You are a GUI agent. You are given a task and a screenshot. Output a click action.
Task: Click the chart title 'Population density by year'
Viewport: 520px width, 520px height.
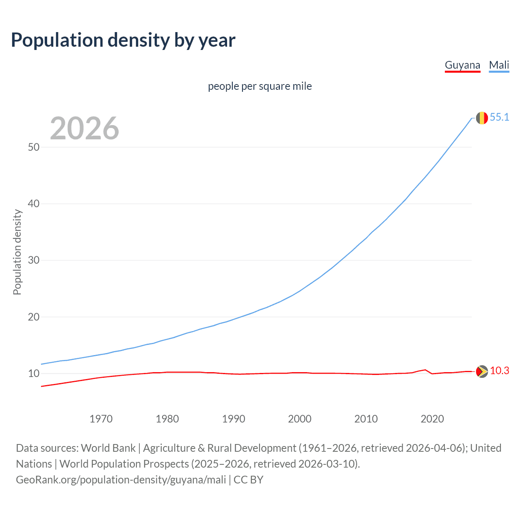(123, 40)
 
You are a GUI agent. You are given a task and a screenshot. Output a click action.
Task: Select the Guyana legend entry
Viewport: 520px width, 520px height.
(462, 65)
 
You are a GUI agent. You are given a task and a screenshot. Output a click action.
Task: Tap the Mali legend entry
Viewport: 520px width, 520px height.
(499, 65)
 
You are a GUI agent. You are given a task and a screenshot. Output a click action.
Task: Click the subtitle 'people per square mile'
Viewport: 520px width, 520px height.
(260, 86)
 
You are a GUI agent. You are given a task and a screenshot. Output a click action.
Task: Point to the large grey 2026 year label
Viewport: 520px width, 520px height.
(84, 128)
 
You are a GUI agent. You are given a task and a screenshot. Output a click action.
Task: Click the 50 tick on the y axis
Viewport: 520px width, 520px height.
(34, 147)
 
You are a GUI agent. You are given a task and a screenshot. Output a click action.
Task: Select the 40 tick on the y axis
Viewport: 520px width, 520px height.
(34, 204)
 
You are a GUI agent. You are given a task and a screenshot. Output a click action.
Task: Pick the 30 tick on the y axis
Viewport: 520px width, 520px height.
(34, 260)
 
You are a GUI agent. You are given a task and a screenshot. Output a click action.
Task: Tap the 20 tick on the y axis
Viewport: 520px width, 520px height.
(34, 317)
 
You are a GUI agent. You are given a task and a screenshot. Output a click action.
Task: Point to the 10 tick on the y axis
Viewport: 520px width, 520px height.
(34, 373)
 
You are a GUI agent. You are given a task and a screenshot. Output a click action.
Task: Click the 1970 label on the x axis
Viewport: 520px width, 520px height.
(101, 419)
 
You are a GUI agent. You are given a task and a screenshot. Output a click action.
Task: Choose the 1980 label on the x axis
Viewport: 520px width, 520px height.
(167, 419)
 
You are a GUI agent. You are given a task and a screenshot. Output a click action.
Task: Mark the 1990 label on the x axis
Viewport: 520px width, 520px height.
(233, 419)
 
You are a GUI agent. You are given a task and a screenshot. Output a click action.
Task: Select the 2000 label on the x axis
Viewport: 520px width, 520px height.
(299, 419)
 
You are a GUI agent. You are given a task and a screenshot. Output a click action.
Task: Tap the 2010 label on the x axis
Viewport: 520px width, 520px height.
(366, 419)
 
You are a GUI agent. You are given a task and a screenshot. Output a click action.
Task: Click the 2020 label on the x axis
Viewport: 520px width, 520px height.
(432, 419)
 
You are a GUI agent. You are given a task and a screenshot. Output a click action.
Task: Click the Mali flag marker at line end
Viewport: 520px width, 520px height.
(482, 118)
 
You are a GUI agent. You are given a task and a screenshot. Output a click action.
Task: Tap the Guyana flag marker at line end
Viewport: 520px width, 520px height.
(482, 371)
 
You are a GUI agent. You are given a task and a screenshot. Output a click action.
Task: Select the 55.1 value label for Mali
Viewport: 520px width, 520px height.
(499, 117)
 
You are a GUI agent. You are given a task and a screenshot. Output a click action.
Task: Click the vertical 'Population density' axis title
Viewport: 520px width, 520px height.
(17, 252)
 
